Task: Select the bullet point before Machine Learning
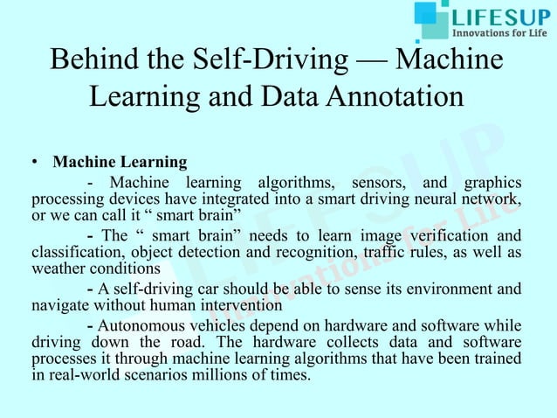(x=32, y=163)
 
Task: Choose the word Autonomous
(x=144, y=324)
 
